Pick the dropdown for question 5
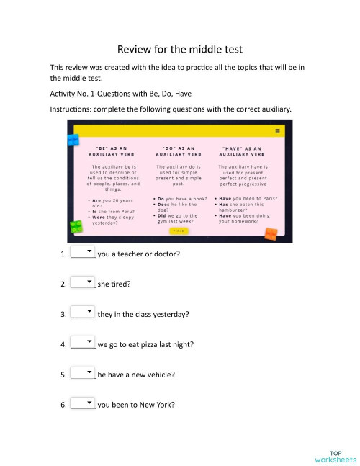point(84,374)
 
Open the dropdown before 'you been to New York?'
point(84,404)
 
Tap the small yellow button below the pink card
point(179,231)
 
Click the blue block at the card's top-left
point(73,137)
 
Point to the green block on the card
point(76,228)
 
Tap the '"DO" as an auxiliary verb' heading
point(178,151)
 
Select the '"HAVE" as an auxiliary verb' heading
point(243,151)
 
